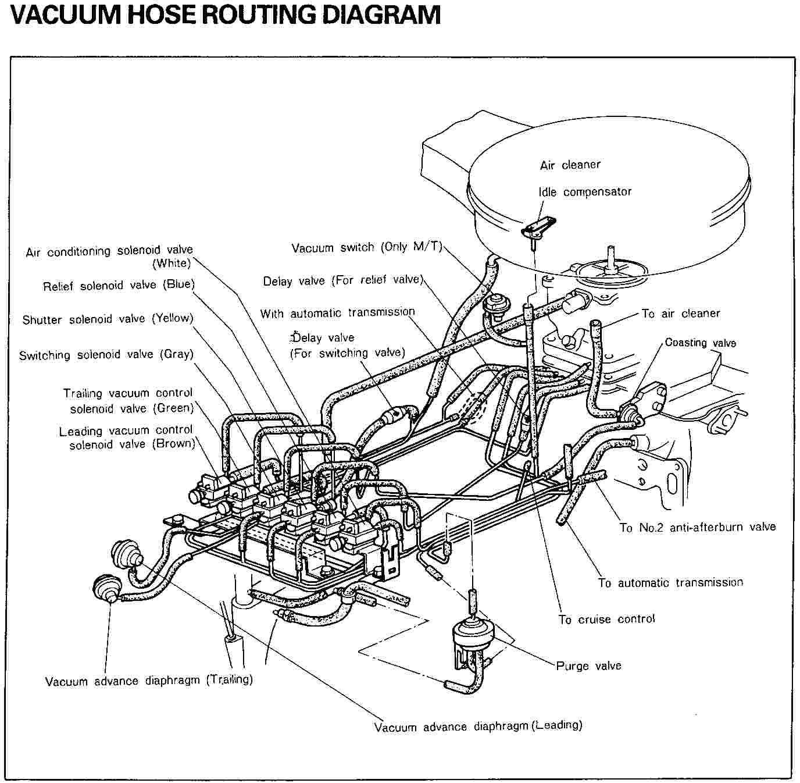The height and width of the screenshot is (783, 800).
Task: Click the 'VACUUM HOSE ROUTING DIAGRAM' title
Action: point(225,15)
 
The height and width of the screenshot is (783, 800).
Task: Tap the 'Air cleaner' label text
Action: point(570,165)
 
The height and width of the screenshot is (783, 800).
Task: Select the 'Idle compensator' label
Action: point(585,192)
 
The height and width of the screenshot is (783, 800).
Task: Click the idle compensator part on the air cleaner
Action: point(538,227)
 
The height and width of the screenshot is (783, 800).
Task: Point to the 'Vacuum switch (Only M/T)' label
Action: point(367,248)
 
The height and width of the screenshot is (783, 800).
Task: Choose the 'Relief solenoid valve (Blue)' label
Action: point(119,285)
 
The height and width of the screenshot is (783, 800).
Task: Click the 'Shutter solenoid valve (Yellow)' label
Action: point(108,319)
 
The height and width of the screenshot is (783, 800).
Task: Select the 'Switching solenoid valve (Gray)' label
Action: point(106,354)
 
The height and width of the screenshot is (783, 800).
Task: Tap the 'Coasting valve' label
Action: point(700,343)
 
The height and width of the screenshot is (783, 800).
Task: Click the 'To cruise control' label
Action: point(606,619)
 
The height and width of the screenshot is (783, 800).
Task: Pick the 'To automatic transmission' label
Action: point(670,582)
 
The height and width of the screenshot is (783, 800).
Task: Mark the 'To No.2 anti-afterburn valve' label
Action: point(698,527)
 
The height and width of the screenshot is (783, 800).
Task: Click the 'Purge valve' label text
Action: point(588,665)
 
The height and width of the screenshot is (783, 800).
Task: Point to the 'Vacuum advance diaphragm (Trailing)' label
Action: point(149,681)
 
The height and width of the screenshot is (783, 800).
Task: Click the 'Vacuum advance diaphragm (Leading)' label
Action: point(478,726)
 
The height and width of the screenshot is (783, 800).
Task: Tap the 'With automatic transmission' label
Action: point(337,313)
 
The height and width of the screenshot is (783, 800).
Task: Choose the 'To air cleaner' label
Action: point(681,314)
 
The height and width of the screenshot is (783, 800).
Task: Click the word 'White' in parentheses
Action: point(172,263)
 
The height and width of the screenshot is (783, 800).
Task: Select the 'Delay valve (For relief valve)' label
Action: point(343,281)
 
